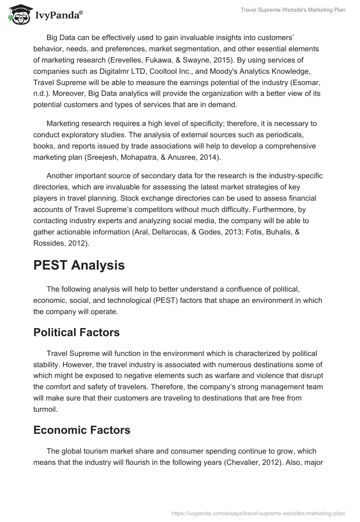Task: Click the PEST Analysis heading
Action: [x=79, y=265]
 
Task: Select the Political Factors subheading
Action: [x=76, y=333]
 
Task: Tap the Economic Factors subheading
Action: [x=82, y=430]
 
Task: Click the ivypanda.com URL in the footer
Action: [x=259, y=513]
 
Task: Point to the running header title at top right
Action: [x=292, y=10]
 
